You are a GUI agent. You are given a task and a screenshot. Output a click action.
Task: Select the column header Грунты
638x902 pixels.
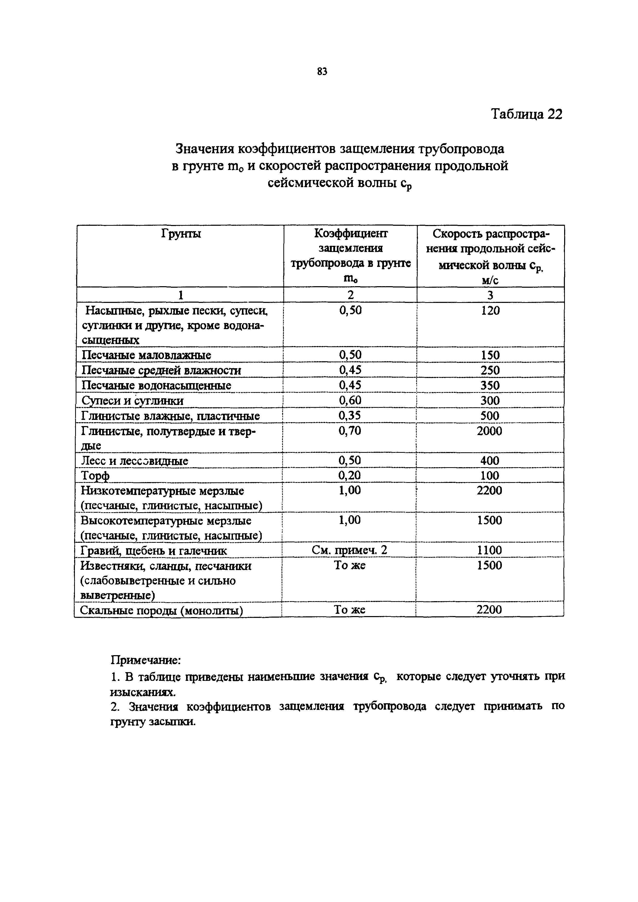[x=181, y=234]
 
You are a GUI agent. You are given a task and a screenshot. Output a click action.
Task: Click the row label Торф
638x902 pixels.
[x=95, y=476]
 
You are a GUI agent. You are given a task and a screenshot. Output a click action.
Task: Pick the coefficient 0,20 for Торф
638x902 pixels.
[x=349, y=475]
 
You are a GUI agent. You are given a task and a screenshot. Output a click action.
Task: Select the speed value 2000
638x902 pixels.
[x=490, y=431]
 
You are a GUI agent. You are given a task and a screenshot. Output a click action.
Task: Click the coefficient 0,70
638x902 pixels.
[x=349, y=431]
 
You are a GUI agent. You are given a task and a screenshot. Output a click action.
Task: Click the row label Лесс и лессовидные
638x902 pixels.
[x=134, y=461]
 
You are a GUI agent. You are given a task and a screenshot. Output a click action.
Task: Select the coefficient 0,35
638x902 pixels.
[x=349, y=416]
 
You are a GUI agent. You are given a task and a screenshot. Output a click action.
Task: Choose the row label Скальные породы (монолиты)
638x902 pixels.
[x=161, y=610]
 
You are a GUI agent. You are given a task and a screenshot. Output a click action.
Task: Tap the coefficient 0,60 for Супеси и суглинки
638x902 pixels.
[x=349, y=400]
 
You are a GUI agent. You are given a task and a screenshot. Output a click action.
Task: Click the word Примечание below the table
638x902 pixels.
[x=145, y=660]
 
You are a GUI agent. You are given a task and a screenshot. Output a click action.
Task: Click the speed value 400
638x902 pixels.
[x=490, y=461]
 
